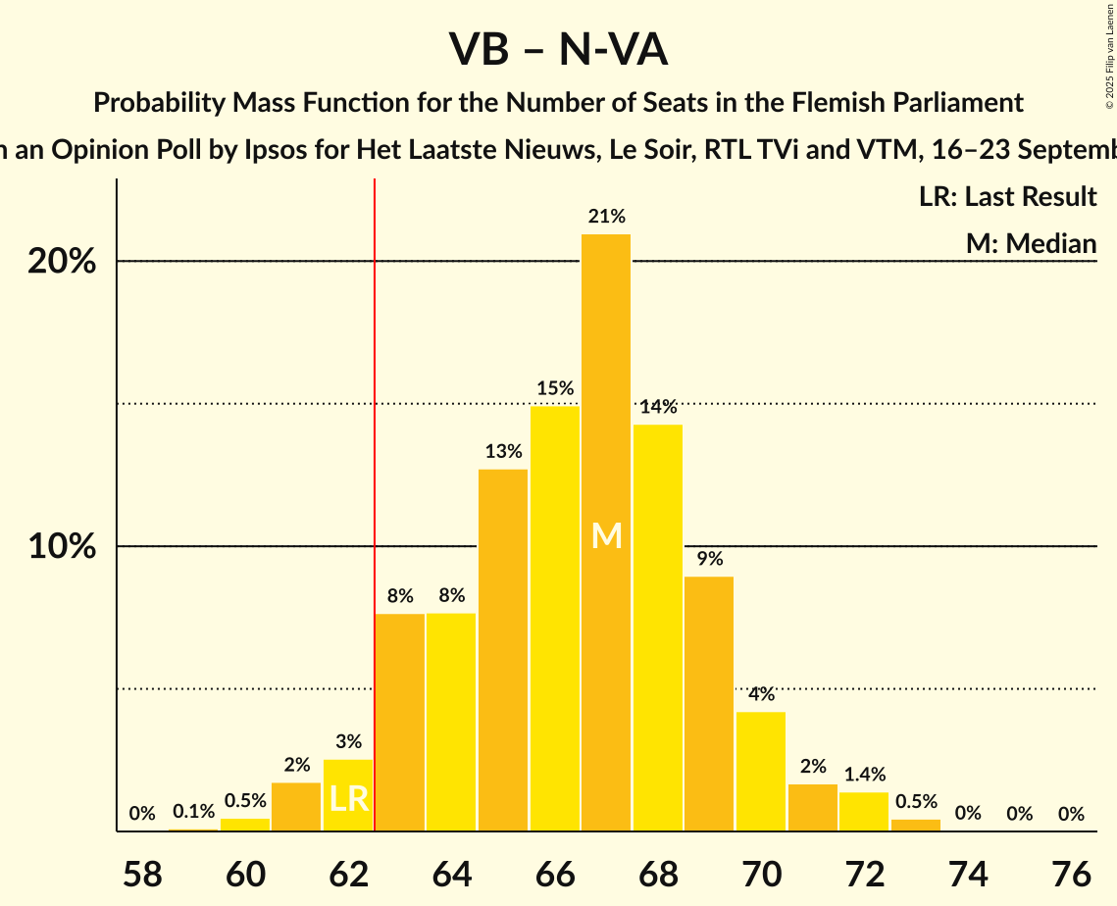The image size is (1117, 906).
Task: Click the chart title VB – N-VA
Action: (x=558, y=49)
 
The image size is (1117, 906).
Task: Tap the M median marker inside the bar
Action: (x=607, y=535)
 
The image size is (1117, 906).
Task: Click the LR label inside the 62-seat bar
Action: (x=348, y=798)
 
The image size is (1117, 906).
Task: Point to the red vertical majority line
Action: (x=374, y=490)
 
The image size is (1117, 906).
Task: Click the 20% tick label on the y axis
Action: (x=62, y=262)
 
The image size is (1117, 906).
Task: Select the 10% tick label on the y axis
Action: (x=62, y=547)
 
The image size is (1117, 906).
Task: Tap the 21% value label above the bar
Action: (x=606, y=217)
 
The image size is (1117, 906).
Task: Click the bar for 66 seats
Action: (x=554, y=618)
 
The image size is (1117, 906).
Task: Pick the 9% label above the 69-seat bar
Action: (x=709, y=559)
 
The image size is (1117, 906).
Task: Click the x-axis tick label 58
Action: (x=142, y=873)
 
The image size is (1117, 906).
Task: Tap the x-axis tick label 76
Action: (x=1071, y=873)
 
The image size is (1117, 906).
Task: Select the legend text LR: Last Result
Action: (x=1007, y=197)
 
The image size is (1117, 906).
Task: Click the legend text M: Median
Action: (x=1031, y=243)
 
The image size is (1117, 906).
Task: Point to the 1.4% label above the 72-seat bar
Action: (x=863, y=775)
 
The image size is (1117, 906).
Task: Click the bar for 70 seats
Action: (x=761, y=771)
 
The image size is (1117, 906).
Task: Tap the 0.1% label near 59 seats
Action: (x=193, y=811)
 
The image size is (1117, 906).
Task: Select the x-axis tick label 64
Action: (x=451, y=873)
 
